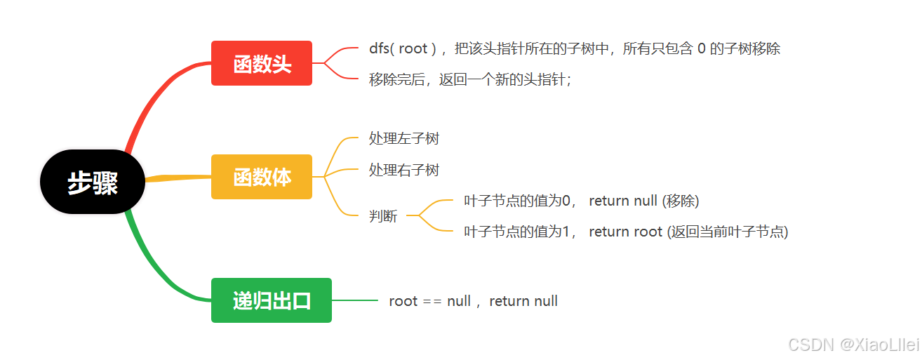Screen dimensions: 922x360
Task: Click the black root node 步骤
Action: point(93,182)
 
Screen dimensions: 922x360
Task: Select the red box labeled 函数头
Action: point(261,63)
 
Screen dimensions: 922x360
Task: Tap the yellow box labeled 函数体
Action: point(261,177)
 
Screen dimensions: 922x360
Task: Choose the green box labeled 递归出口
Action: point(272,300)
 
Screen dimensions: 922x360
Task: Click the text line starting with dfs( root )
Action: point(575,48)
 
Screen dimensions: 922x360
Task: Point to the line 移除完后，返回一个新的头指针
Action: point(470,79)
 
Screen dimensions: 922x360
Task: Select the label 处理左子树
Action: point(403,138)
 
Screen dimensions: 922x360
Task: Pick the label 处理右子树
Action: point(403,170)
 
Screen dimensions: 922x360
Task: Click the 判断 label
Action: point(383,216)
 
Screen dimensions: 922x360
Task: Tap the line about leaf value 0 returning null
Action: point(582,201)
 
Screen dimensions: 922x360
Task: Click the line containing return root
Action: point(626,232)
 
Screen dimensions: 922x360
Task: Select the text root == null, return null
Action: point(474,301)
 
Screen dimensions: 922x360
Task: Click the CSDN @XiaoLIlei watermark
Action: point(854,345)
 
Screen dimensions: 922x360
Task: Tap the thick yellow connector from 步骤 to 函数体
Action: point(178,178)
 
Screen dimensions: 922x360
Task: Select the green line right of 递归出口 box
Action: point(355,300)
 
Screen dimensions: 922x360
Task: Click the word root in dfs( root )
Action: point(413,49)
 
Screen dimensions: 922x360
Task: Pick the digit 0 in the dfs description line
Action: point(702,48)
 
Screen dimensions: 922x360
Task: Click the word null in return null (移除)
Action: point(646,201)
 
